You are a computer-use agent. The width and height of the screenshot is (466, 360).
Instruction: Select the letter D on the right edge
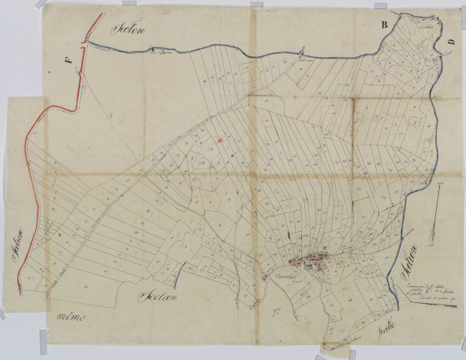pos(450,43)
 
